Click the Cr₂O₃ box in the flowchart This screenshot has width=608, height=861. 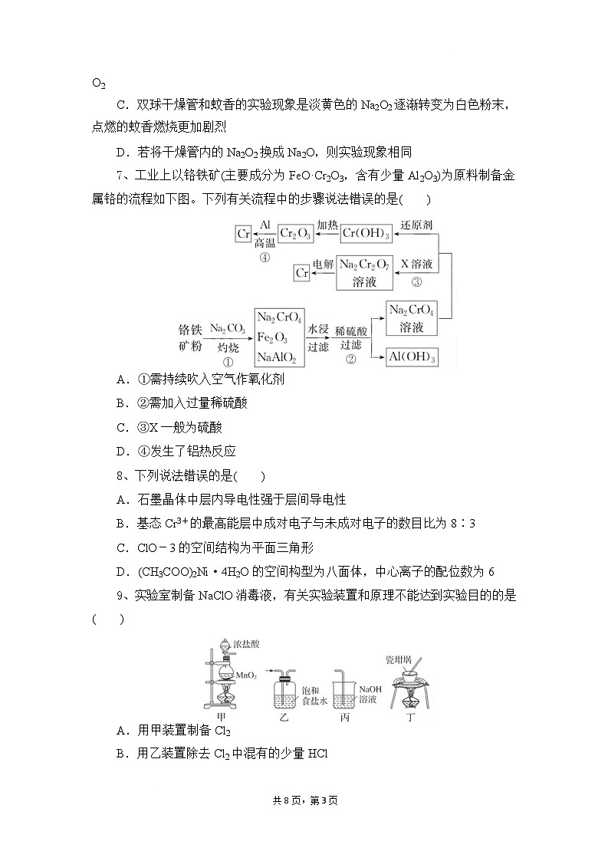pyautogui.click(x=294, y=233)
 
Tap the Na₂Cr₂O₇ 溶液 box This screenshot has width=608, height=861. pyautogui.click(x=365, y=272)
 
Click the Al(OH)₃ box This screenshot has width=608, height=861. pyautogui.click(x=412, y=357)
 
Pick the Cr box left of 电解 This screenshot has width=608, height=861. pyautogui.click(x=302, y=272)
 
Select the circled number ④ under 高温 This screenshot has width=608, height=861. pyautogui.click(x=265, y=258)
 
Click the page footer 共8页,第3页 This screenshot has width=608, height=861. pyautogui.click(x=304, y=800)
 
